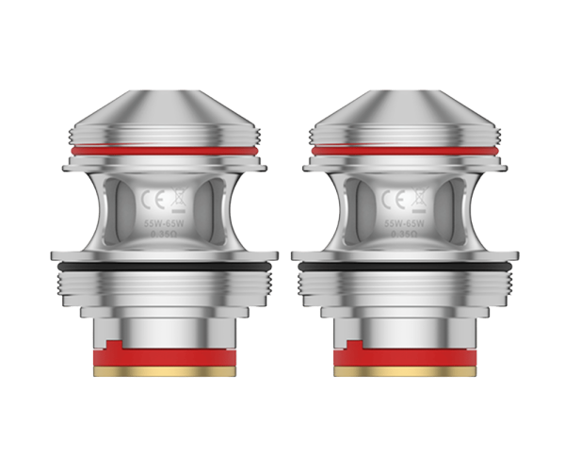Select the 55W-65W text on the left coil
[x=166, y=224]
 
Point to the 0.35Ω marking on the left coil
[x=166, y=238]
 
